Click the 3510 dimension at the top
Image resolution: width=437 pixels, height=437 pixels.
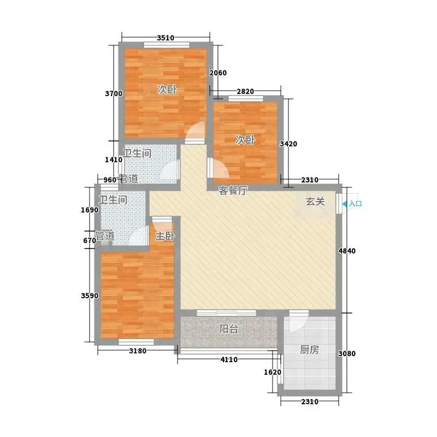pos(166,38)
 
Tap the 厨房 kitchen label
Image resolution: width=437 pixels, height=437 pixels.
pos(309,350)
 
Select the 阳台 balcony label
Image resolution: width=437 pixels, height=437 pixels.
pos(228,329)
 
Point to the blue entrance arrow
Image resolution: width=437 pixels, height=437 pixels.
pos(345,204)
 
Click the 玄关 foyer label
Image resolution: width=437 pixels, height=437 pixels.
pos(316,202)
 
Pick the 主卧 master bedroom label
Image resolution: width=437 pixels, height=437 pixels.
pos(165,236)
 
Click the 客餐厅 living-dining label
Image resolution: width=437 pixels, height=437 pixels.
pos(233,191)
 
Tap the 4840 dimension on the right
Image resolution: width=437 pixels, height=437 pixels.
pos(347,251)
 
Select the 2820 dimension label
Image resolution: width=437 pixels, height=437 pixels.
pos(245,91)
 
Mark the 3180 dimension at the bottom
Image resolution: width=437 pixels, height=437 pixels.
pos(138,351)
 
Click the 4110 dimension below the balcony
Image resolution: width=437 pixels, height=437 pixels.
pos(229,359)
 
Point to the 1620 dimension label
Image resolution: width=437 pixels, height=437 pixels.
pos(273,372)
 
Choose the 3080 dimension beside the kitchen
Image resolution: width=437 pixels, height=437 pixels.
pos(347,353)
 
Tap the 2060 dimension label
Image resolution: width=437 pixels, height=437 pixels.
pos(218,73)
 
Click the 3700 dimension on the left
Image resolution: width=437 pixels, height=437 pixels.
pos(114,93)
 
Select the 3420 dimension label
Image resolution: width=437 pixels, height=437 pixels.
pos(288,144)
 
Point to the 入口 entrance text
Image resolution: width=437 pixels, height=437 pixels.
pos(356,204)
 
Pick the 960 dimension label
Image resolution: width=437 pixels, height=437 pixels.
pos(110,180)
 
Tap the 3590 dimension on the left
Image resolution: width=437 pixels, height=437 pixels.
pos(90,296)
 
